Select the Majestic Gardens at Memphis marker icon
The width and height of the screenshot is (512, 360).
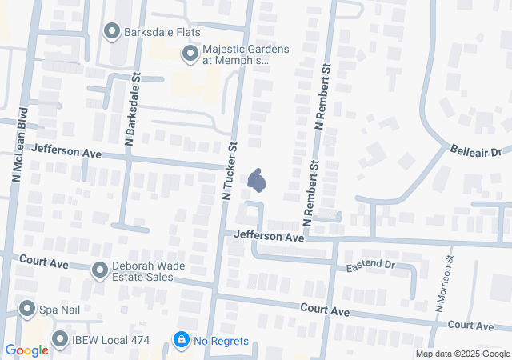[190, 54]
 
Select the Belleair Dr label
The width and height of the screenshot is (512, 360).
[474, 150]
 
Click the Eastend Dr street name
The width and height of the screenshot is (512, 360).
[370, 264]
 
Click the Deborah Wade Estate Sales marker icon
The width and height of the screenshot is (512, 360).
[99, 270]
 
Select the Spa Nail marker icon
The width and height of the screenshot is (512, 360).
[27, 309]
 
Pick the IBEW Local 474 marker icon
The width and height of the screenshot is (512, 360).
[59, 340]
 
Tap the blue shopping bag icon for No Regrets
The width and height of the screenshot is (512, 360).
[182, 341]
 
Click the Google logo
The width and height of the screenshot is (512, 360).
[27, 350]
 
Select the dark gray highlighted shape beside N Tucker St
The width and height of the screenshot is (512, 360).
[257, 182]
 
